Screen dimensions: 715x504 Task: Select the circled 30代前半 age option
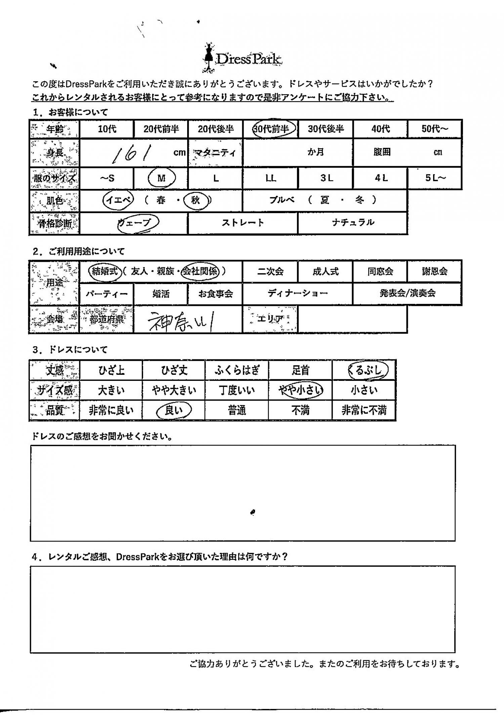pyautogui.click(x=274, y=129)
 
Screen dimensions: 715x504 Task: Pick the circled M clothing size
pyautogui.click(x=161, y=178)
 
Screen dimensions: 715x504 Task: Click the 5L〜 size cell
pyautogui.click(x=435, y=178)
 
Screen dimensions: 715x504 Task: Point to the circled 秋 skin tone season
pyautogui.click(x=196, y=200)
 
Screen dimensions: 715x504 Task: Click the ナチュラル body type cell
pyautogui.click(x=353, y=223)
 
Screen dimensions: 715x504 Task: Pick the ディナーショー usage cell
pyautogui.click(x=298, y=293)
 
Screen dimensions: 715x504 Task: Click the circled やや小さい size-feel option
pyautogui.click(x=301, y=390)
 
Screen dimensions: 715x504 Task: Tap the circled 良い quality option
pyautogui.click(x=174, y=410)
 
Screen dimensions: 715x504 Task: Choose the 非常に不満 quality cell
pyautogui.click(x=364, y=410)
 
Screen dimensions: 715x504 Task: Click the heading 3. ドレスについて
pyautogui.click(x=70, y=350)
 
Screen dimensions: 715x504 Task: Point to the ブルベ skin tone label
pyautogui.click(x=282, y=200)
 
